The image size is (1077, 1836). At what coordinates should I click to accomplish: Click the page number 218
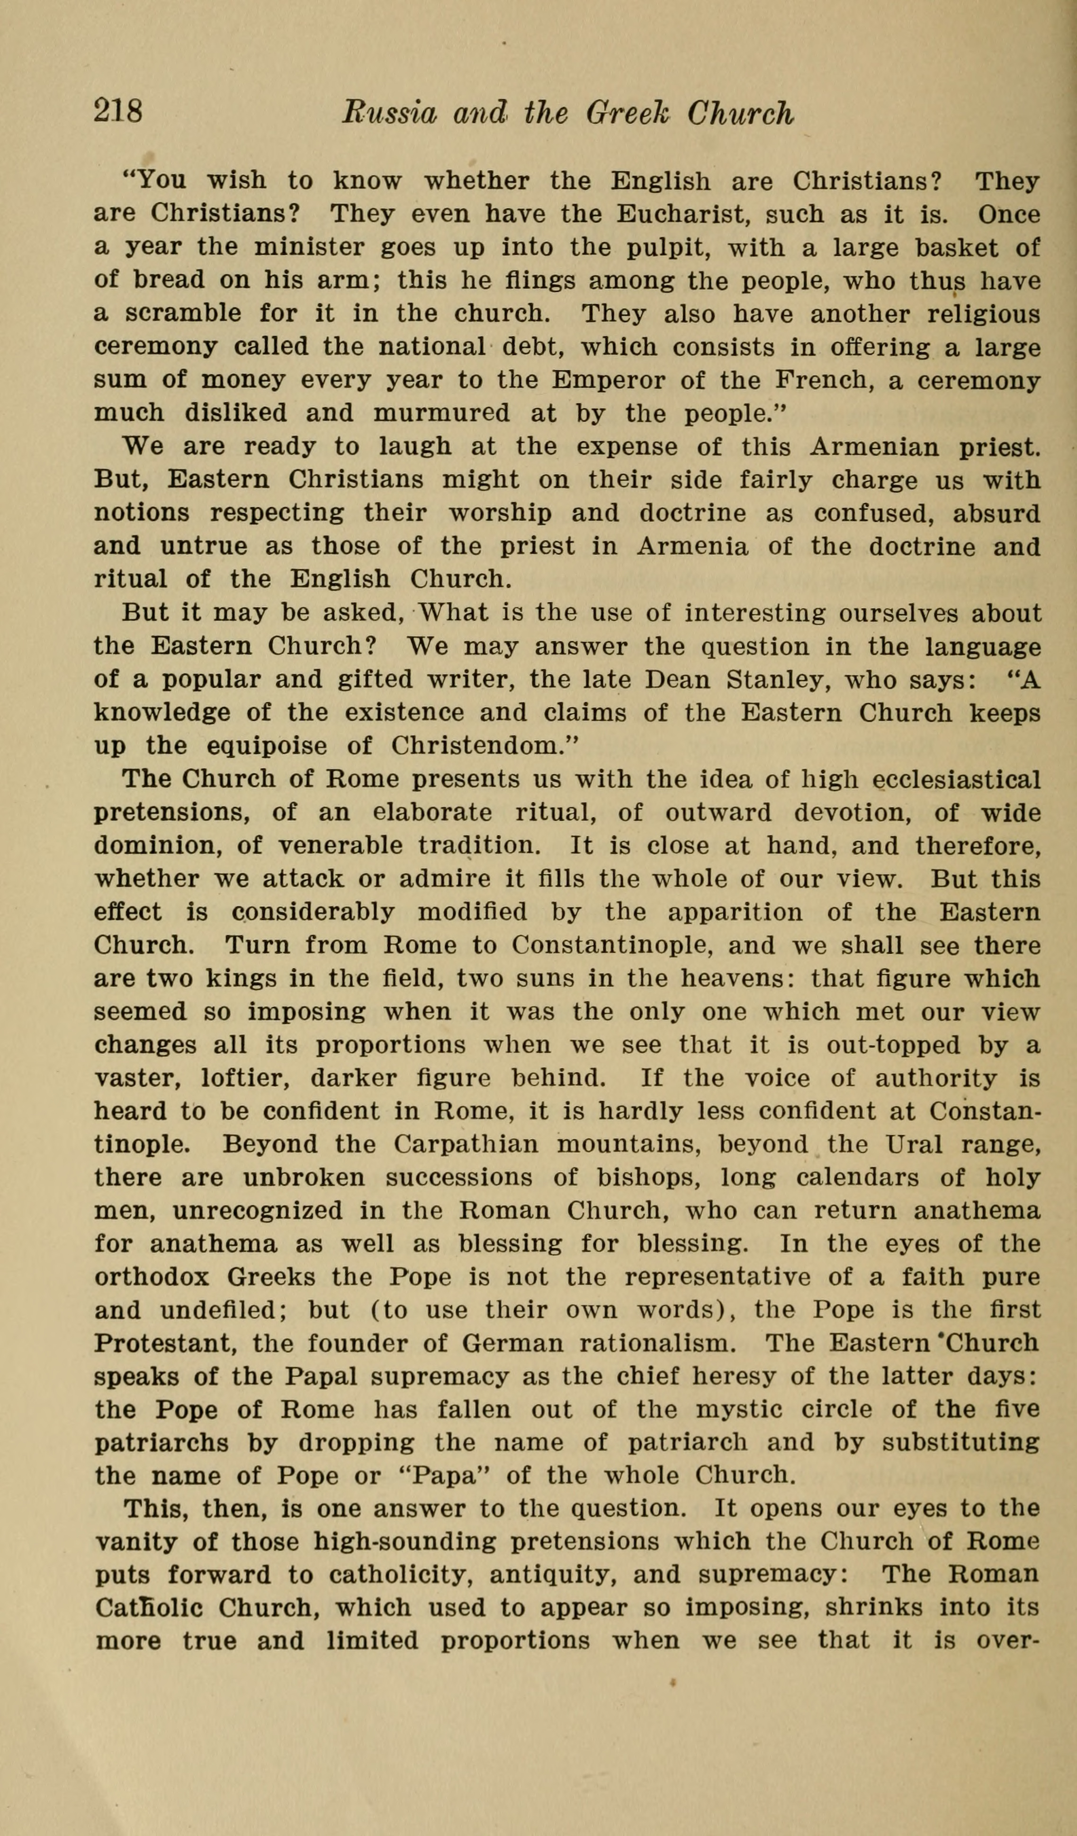[118, 113]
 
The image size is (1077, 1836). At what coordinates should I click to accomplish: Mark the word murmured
[441, 414]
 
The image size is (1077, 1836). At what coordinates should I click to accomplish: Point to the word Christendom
[479, 746]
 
